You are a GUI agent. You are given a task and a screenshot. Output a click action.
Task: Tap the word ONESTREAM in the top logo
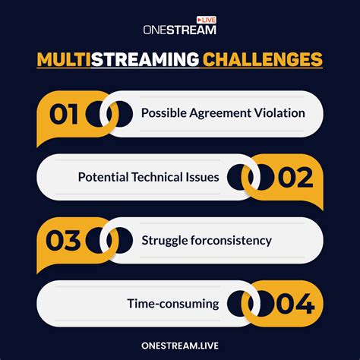(x=179, y=30)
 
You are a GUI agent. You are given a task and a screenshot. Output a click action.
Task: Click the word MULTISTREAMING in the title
(x=118, y=59)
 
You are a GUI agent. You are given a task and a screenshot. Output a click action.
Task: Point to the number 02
(x=294, y=177)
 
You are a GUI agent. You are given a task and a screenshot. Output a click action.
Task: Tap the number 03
(x=65, y=240)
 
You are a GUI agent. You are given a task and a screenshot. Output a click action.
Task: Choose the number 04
(x=294, y=303)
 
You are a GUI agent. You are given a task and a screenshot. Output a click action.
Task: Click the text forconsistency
(x=231, y=240)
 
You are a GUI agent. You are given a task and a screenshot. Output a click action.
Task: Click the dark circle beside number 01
(x=102, y=114)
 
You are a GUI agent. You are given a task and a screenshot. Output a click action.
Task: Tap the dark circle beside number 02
(x=242, y=177)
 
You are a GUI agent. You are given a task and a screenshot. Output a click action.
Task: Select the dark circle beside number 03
(x=100, y=240)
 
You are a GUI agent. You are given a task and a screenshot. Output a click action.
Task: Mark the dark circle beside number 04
(x=242, y=303)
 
